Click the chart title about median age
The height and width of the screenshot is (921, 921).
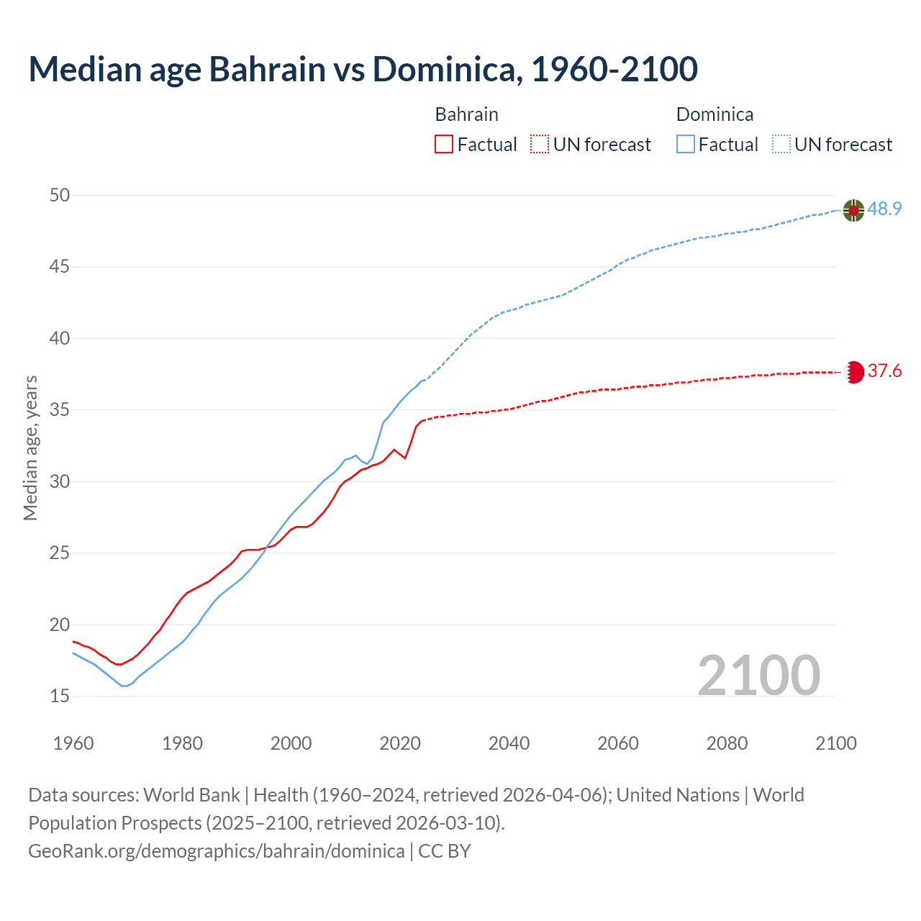pos(363,69)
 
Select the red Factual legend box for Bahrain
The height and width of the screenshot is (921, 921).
pos(444,144)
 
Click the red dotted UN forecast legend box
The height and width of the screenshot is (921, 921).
pos(540,144)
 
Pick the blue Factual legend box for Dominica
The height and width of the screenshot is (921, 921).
pos(686,144)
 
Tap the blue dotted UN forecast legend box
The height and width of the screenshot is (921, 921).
pos(781,144)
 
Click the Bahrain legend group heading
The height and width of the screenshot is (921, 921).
pos(466,114)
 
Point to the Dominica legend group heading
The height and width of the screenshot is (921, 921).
pos(714,114)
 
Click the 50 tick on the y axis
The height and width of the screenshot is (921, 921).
pos(60,195)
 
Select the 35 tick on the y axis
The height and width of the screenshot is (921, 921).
pos(60,410)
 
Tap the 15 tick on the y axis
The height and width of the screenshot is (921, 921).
pos(60,696)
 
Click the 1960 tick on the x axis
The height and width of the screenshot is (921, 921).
pos(73,743)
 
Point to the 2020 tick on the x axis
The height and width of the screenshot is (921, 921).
pos(400,743)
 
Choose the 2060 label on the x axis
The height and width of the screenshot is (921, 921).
pos(618,743)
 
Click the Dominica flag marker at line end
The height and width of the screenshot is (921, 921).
pos(853,210)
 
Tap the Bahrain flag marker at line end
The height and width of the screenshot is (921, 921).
pos(853,372)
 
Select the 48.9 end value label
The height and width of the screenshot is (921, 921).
pos(884,209)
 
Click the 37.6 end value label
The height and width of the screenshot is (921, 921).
pos(884,371)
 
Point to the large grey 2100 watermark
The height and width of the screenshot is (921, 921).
pos(758,675)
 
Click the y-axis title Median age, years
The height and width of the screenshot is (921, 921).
pos(30,448)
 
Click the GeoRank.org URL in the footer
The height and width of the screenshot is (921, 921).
pos(216,850)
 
